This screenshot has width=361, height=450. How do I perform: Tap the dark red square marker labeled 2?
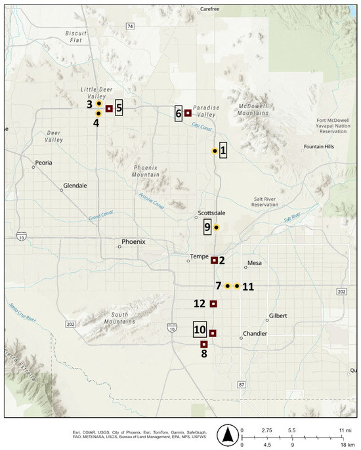tap(214, 260)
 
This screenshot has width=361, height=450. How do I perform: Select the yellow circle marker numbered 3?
tap(98, 104)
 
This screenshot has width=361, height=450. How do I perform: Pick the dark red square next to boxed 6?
tap(188, 113)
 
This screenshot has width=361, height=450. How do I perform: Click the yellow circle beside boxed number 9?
tap(216, 228)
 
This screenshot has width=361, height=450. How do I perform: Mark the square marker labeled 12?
tap(213, 304)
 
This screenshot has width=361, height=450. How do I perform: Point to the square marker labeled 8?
tap(204, 344)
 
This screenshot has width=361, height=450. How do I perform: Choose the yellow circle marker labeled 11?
tap(237, 286)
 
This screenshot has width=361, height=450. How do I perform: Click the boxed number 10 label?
tap(200, 329)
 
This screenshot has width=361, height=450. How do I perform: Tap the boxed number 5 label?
tap(119, 108)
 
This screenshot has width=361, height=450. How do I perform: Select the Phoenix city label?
tap(134, 241)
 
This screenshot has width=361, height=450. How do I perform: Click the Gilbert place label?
tap(278, 316)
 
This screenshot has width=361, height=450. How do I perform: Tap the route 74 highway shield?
tap(130, 26)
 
